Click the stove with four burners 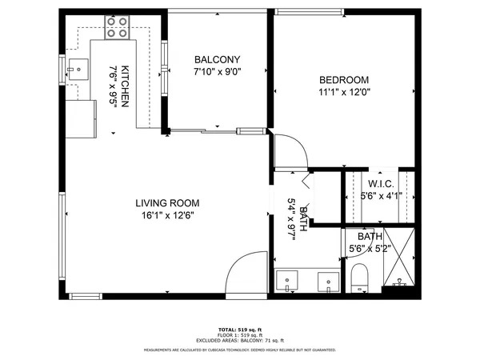(117, 29)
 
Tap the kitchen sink (78, 70)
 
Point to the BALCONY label (218, 60)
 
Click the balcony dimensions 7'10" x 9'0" (218, 72)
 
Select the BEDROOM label (344, 79)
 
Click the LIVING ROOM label (167, 203)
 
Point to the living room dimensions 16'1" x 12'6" (167, 215)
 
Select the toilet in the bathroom (359, 279)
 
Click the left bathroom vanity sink (286, 282)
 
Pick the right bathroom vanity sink (328, 282)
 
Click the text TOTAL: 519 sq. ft (239, 330)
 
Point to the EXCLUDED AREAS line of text (239, 341)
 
